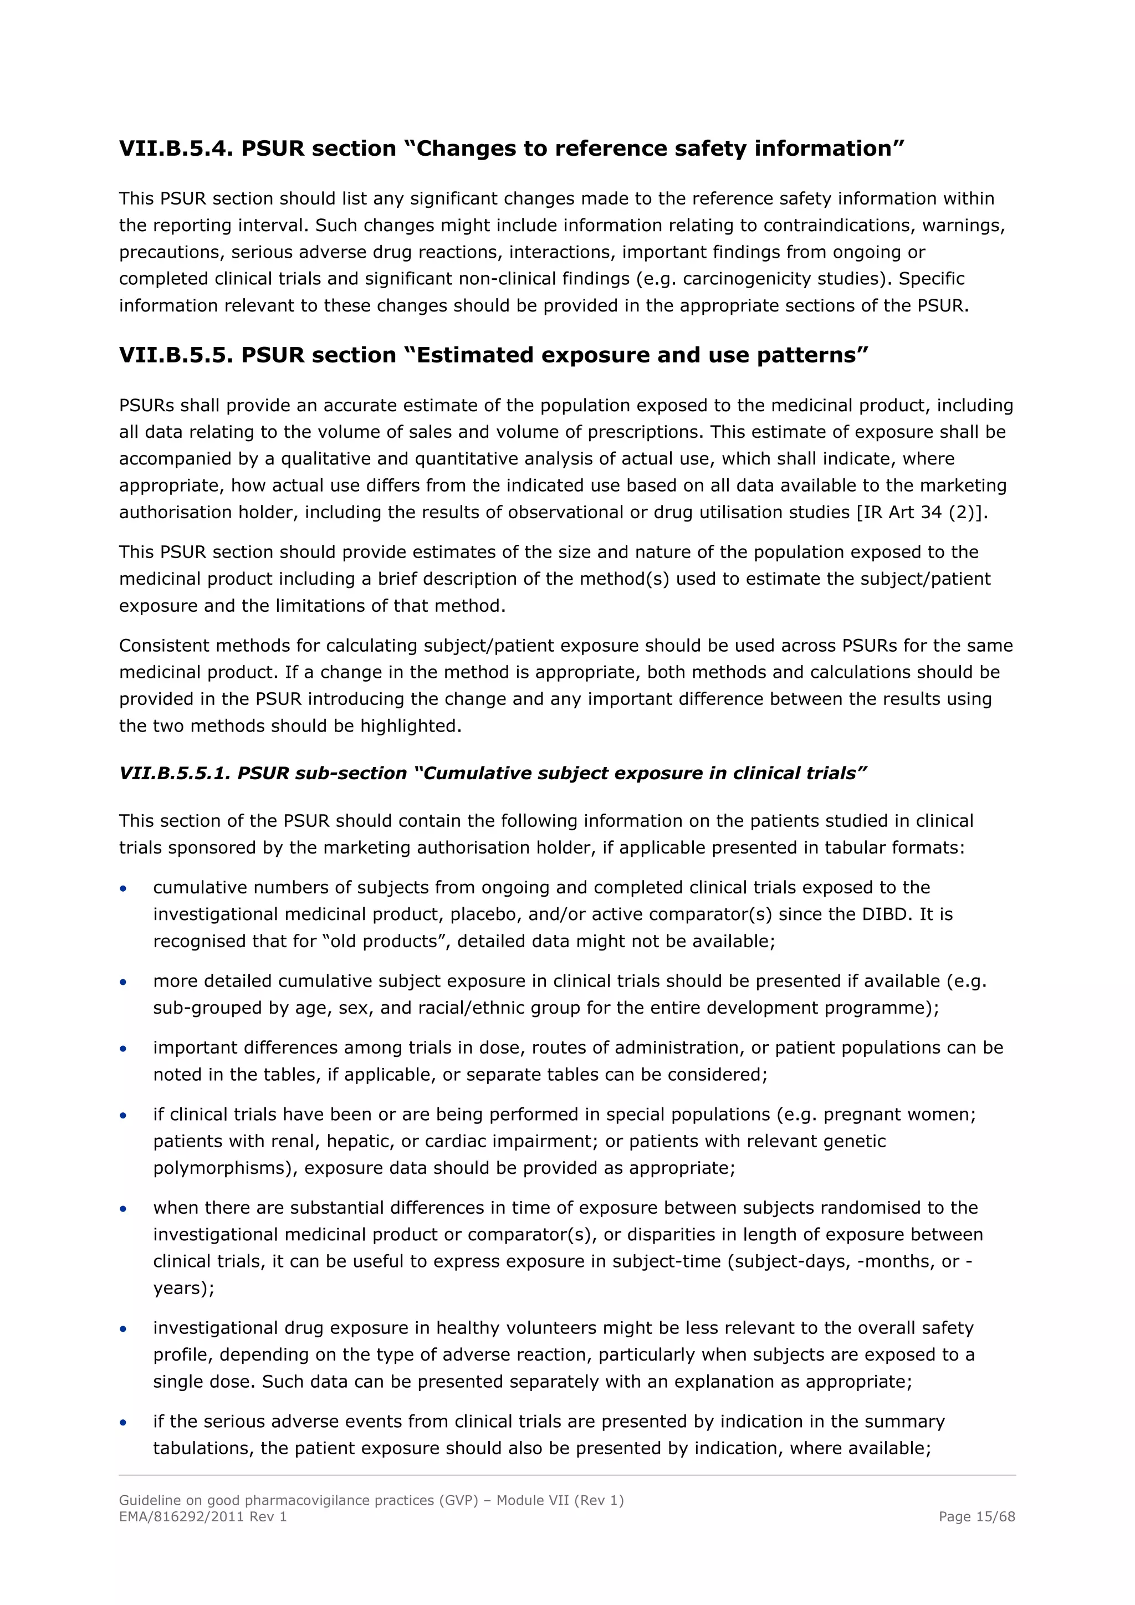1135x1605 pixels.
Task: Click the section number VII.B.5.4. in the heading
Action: point(176,149)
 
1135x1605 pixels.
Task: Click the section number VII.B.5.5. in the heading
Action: point(176,355)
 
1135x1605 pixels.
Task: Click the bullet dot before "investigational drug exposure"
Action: point(123,1329)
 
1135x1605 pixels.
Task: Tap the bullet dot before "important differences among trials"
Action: point(123,1049)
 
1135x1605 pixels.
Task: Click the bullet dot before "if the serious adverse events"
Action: point(123,1423)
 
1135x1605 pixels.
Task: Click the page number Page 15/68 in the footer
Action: point(976,1517)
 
